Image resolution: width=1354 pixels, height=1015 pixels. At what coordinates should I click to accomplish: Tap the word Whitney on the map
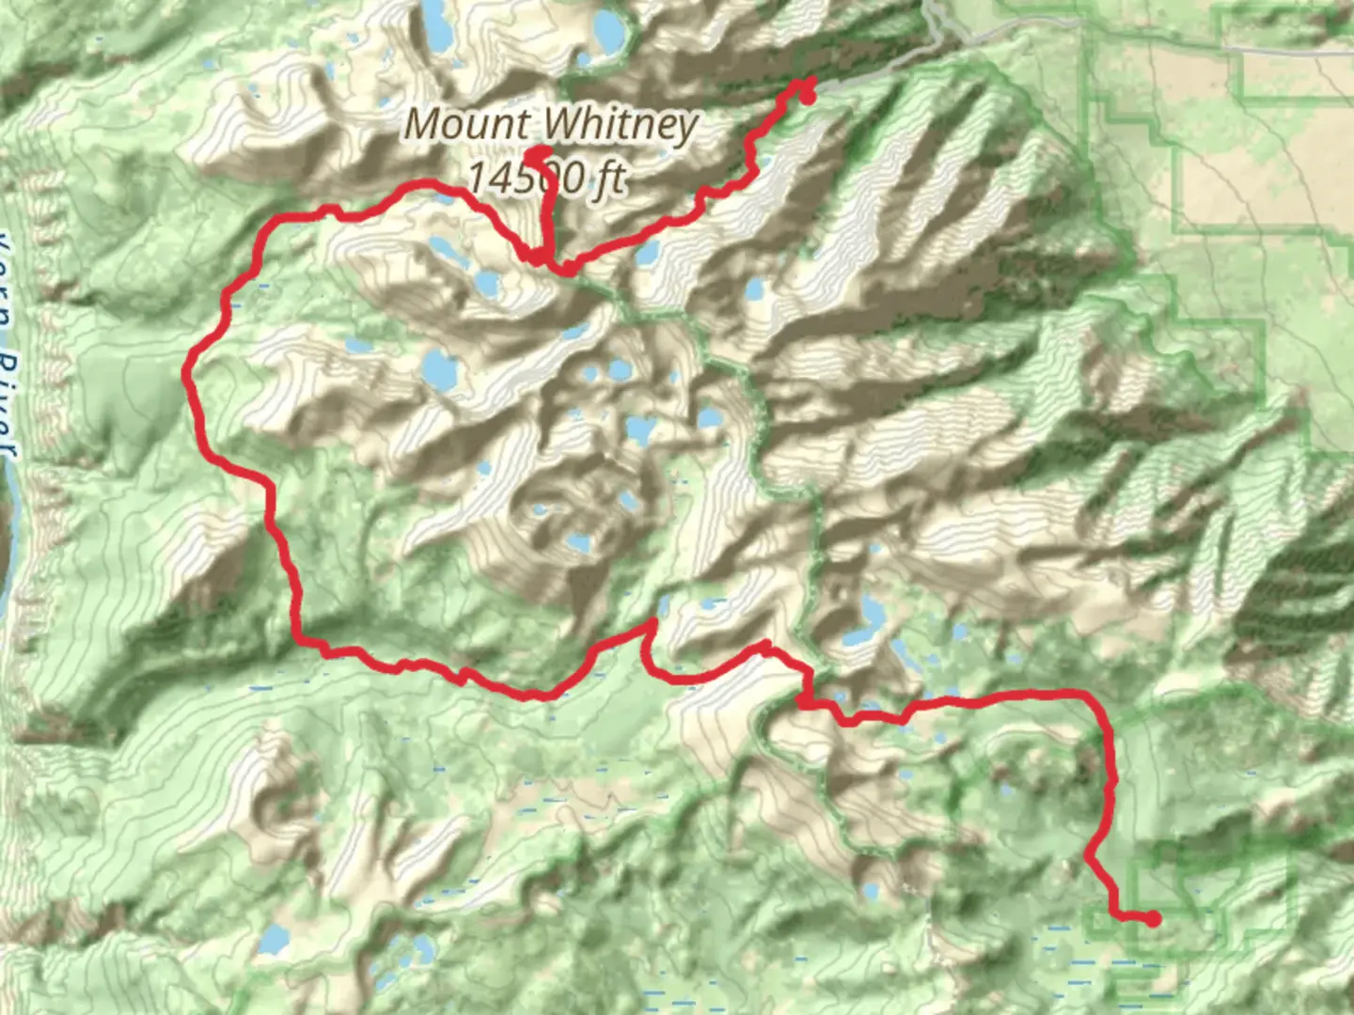click(620, 123)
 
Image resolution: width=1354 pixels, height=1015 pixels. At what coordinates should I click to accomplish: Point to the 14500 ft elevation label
click(546, 176)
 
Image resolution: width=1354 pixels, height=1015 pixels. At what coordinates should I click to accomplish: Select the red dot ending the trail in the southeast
click(1152, 918)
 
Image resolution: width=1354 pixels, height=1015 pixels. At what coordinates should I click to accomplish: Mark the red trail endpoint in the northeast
click(806, 96)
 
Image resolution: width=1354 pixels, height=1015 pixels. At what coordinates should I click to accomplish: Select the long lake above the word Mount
click(435, 26)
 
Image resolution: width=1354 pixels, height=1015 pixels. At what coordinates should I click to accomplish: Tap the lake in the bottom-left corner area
click(274, 938)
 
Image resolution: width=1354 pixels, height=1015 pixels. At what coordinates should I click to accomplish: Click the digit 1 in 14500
click(475, 176)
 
